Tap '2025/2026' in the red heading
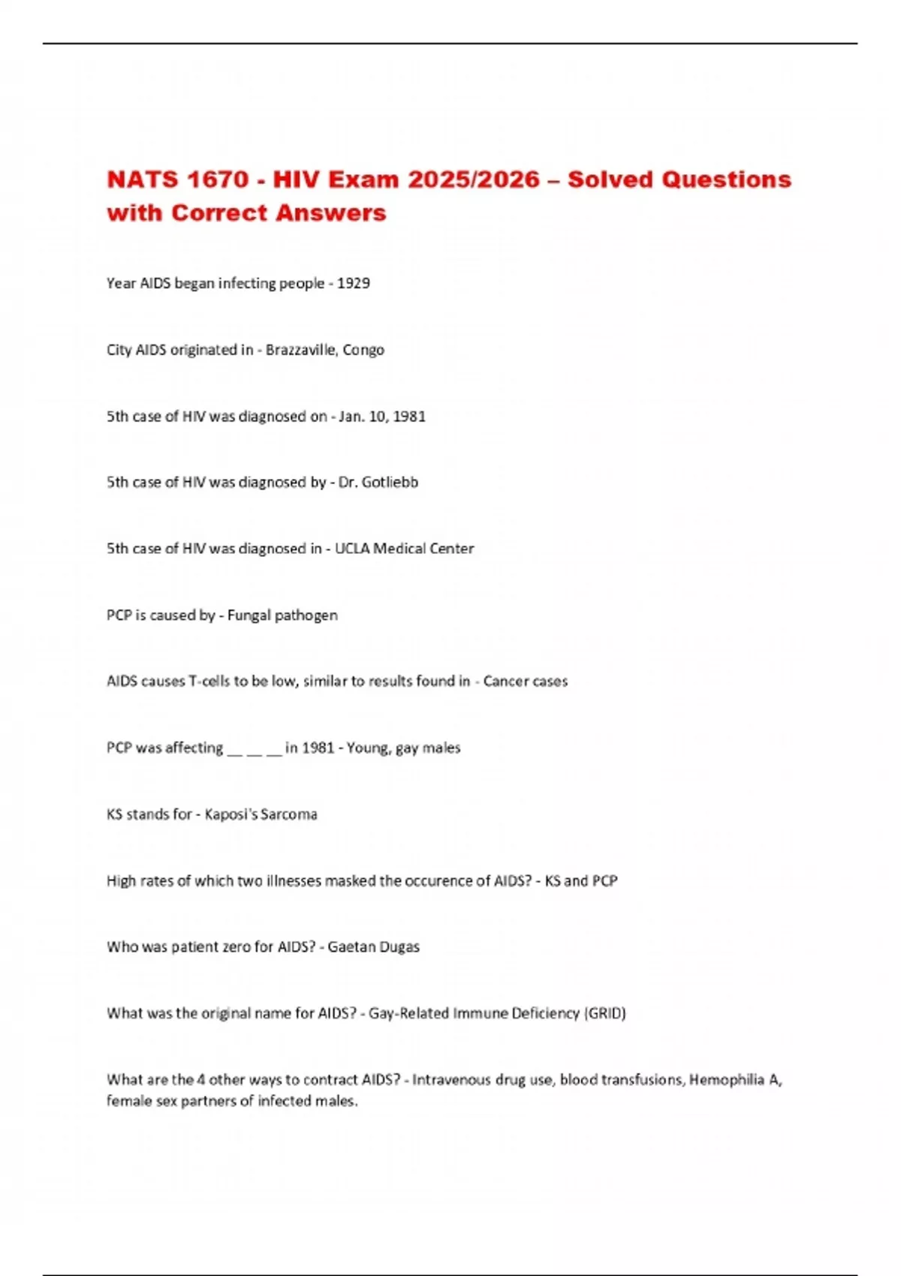(x=474, y=179)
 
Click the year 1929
(x=353, y=284)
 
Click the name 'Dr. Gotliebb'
(x=378, y=483)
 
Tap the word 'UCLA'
(x=352, y=549)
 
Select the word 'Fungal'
(x=249, y=615)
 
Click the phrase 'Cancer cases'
(x=526, y=682)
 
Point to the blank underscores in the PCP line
(x=254, y=748)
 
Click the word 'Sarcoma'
(x=289, y=814)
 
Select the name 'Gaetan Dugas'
(x=373, y=947)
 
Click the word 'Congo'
(x=363, y=350)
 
